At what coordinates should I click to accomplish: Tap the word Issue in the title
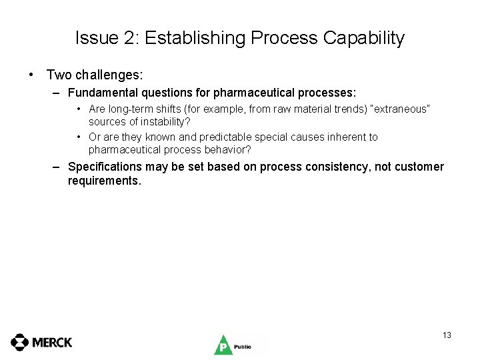(x=96, y=38)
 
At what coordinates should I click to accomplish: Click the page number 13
(x=447, y=335)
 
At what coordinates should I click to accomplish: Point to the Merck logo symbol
(x=20, y=342)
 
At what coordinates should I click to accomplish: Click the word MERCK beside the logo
(x=52, y=342)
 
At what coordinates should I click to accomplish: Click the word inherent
(x=347, y=137)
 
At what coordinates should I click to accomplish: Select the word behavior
(x=229, y=150)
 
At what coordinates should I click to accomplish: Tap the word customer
(x=419, y=167)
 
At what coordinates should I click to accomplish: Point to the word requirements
(x=105, y=181)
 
